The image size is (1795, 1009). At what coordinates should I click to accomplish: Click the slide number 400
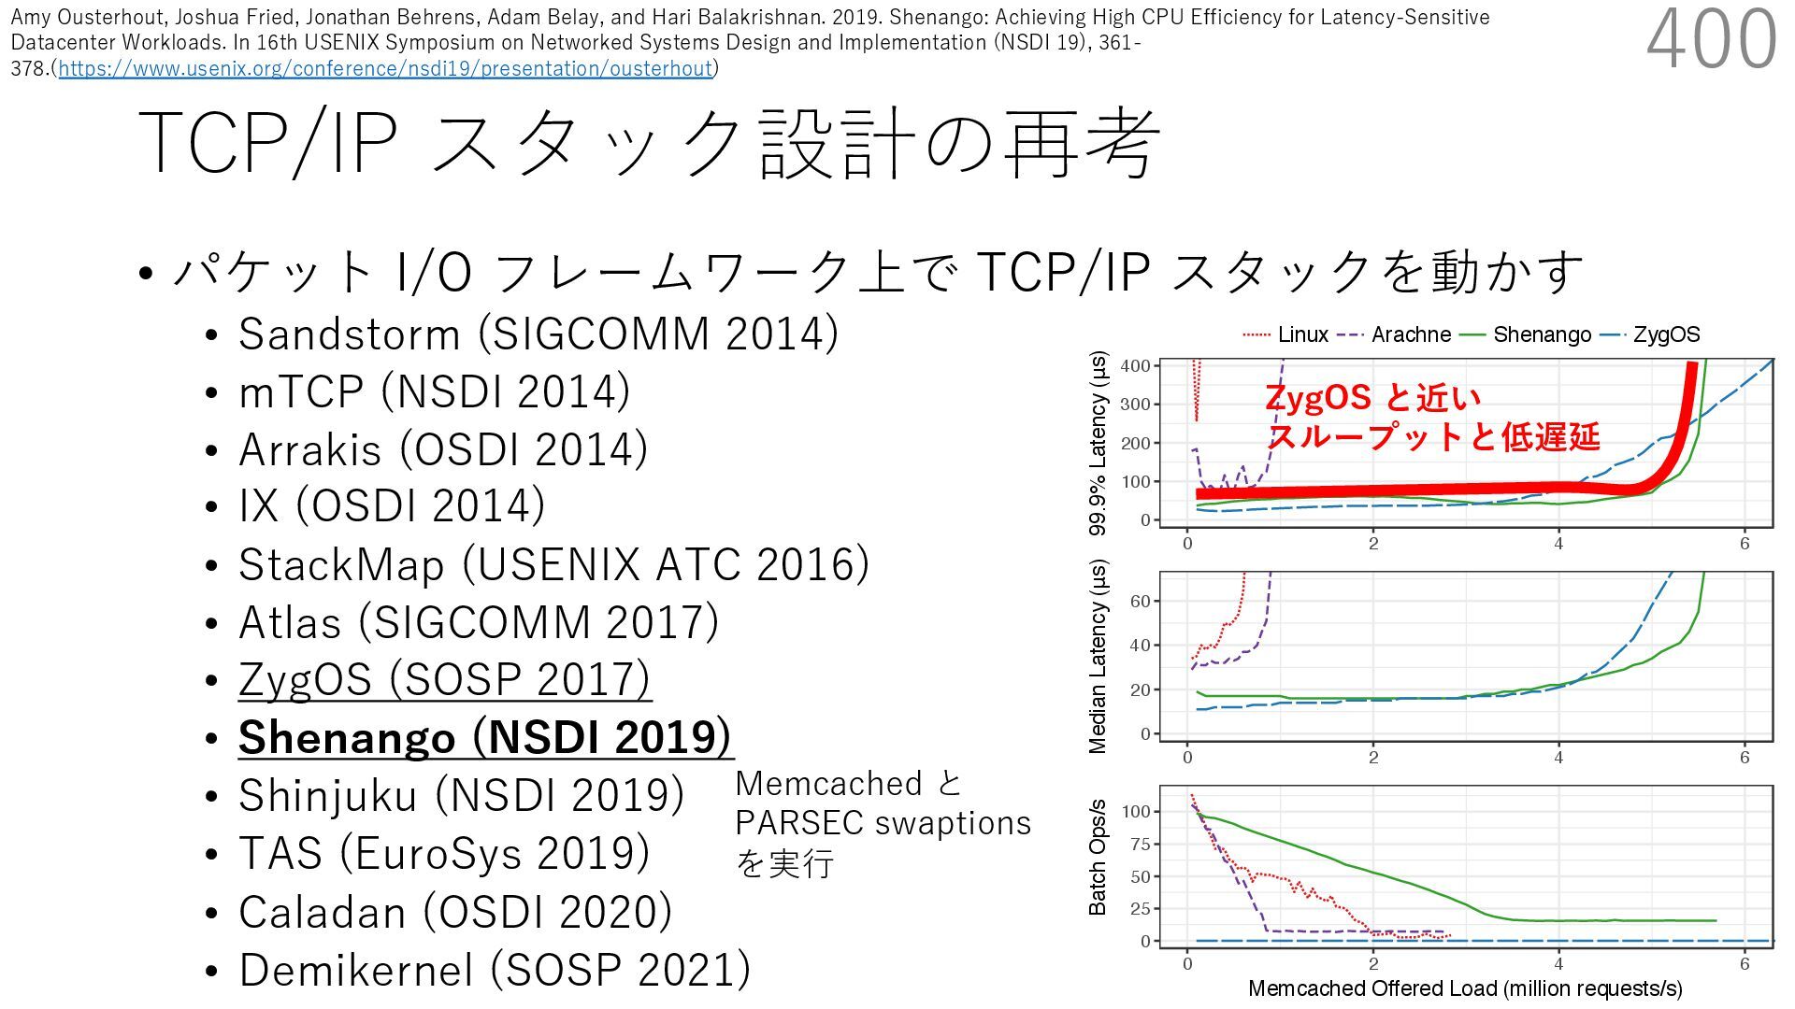(1711, 39)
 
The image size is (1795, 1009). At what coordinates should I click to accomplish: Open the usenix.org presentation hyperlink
(385, 68)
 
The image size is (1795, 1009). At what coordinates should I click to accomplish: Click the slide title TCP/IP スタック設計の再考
(649, 143)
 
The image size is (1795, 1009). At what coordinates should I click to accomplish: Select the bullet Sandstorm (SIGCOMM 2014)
(538, 334)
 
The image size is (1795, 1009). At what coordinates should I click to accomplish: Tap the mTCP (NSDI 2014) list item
(434, 391)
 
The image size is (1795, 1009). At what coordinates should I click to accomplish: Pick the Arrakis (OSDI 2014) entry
(442, 449)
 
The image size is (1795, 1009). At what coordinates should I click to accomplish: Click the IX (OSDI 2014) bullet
(392, 506)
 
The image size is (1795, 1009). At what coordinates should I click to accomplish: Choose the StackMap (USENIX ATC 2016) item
(553, 565)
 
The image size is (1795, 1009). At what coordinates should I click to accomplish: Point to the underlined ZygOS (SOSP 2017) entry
(444, 679)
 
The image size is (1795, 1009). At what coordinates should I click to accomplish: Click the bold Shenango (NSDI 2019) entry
(485, 737)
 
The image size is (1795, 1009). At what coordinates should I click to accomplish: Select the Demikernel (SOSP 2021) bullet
(495, 970)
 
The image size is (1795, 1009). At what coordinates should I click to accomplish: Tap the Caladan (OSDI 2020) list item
(455, 912)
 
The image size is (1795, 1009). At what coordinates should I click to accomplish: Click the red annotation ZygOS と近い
(1372, 398)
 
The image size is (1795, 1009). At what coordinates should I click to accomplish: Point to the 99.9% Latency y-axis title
(1098, 443)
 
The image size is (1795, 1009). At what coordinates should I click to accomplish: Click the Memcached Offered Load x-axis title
(1464, 988)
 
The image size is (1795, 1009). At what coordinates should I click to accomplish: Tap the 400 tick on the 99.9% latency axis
(1135, 366)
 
